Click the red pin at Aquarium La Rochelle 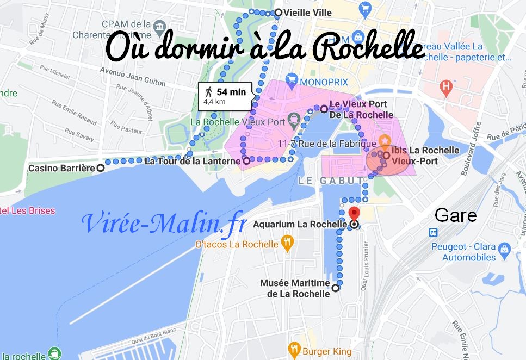click(354, 213)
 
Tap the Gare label click(456, 215)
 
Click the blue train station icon click(434, 232)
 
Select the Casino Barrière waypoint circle click(101, 169)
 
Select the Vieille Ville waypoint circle click(279, 13)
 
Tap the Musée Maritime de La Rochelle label click(295, 288)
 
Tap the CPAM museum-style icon click(160, 26)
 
